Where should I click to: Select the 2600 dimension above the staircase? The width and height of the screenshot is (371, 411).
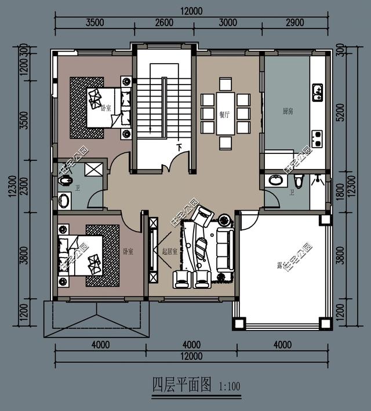click(165, 23)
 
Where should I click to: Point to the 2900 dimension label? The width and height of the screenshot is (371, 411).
click(295, 23)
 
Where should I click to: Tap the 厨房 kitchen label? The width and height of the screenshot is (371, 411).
click(288, 111)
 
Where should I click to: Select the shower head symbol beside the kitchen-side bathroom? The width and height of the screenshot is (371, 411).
click(318, 179)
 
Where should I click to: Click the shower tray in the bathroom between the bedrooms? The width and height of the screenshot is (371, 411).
click(92, 170)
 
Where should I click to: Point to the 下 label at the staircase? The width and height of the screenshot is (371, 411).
click(179, 148)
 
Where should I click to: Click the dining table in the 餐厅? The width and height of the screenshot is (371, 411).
click(225, 113)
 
